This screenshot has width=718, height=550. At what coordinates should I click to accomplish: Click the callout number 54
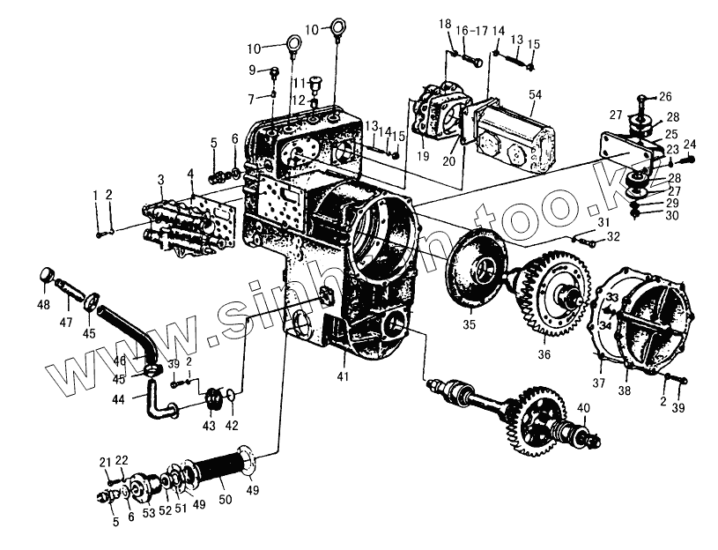534,94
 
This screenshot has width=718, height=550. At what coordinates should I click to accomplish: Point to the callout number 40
582,407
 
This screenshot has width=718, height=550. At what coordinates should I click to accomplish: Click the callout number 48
44,306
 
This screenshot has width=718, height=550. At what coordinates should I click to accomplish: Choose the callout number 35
470,325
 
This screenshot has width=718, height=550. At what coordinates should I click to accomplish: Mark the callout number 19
423,156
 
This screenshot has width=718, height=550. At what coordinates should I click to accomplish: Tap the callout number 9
252,70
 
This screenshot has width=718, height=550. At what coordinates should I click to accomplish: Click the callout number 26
665,97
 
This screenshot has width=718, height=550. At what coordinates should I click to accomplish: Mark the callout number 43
208,426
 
